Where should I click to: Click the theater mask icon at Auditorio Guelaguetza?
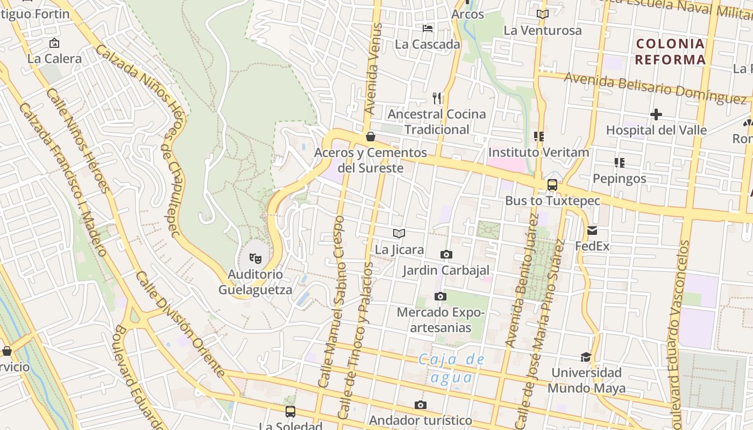(255, 259)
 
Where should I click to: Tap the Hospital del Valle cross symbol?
(656, 114)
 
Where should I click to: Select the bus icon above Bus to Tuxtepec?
(552, 185)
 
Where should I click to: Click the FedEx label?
(592, 246)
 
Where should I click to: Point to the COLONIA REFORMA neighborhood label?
(670, 52)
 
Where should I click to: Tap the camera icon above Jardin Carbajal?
(446, 254)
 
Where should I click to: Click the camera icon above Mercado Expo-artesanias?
(440, 296)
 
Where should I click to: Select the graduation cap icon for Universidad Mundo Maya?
(586, 357)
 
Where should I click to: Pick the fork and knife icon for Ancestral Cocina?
(437, 98)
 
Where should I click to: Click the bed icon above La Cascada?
(428, 28)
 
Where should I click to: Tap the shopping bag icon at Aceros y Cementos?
(370, 137)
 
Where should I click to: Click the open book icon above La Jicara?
(399, 233)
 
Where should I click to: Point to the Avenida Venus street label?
(373, 68)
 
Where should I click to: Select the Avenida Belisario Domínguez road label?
(655, 89)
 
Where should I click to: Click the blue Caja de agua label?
(452, 368)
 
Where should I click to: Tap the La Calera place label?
(54, 59)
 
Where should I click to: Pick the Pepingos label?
(619, 178)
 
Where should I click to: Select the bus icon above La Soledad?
(290, 412)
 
